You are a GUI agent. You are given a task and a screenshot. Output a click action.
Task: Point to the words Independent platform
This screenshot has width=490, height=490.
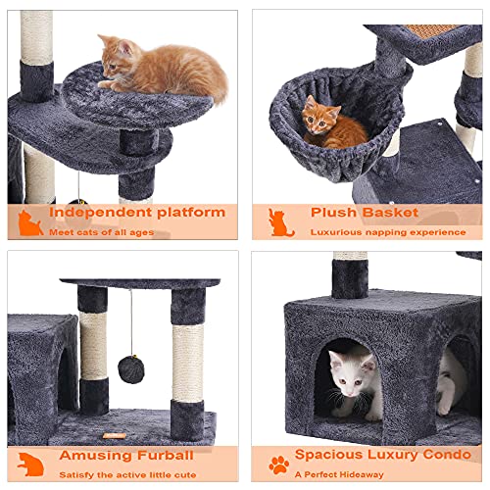click(x=137, y=212)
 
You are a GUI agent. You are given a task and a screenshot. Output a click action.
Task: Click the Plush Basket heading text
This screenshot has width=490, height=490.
click(x=364, y=212)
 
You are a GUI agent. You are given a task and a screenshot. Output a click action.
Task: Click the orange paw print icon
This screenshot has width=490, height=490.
click(x=279, y=465)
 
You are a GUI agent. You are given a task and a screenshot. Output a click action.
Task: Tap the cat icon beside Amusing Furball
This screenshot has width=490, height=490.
click(x=30, y=465)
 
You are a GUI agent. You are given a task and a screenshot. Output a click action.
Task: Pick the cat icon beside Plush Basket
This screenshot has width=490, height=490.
click(x=281, y=222)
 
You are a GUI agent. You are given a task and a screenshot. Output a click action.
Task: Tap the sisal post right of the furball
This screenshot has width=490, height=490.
click(x=187, y=362)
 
